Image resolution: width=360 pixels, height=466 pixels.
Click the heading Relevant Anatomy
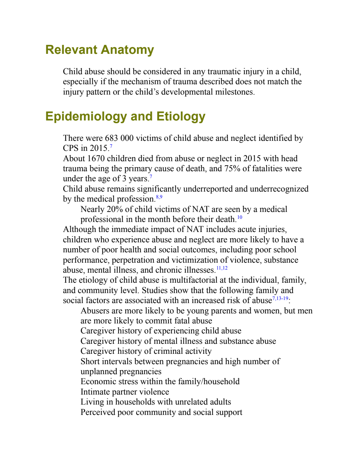click(100, 50)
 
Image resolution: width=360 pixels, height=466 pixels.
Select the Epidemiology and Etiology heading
click(125, 117)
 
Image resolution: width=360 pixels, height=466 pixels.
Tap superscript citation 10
click(240, 217)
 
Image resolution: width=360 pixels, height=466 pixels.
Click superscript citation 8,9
click(159, 197)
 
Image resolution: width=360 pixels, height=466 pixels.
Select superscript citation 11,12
click(222, 268)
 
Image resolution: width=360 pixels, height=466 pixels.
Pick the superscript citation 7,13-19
click(280, 298)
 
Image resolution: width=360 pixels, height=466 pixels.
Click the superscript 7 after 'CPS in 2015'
click(111, 146)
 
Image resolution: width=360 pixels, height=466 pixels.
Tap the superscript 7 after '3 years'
click(151, 177)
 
